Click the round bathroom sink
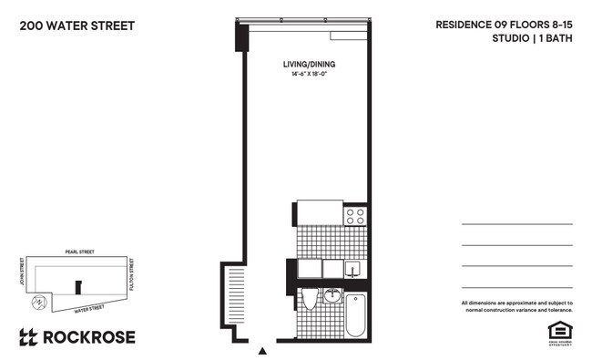[x=332, y=295]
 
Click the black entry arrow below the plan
[x=263, y=350]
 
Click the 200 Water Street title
[x=77, y=26]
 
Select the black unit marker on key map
[x=77, y=285]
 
